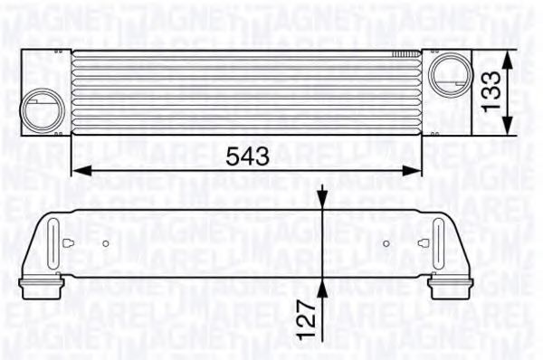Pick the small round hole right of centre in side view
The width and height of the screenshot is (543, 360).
[x=387, y=244]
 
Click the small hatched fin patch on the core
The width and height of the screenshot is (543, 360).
[x=399, y=56]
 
